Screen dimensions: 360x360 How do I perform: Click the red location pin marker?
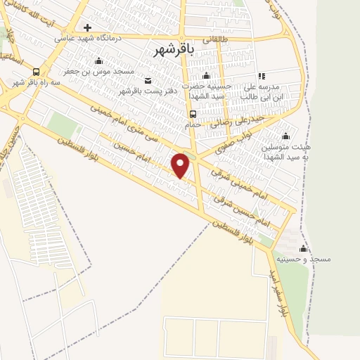(181, 166)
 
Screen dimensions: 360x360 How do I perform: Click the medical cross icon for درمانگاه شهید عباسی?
(87, 28)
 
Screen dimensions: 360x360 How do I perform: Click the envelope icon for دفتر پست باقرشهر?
(147, 80)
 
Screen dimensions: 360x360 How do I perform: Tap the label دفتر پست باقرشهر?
(146, 91)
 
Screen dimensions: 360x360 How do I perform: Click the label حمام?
(193, 124)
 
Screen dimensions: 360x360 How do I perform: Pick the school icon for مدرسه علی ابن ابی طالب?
(262, 75)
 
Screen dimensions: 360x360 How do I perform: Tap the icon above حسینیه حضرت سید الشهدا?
(206, 75)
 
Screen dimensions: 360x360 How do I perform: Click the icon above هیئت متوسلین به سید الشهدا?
(285, 137)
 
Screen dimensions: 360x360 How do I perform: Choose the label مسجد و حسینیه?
(304, 259)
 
